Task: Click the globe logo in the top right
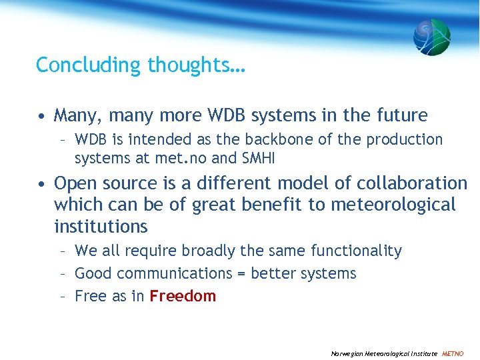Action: click(x=431, y=37)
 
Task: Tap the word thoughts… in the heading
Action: click(x=197, y=65)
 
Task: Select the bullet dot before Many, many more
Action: click(x=41, y=116)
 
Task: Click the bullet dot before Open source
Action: click(x=41, y=184)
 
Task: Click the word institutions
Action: click(x=101, y=227)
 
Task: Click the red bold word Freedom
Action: click(x=183, y=296)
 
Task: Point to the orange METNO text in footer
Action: click(x=453, y=353)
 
